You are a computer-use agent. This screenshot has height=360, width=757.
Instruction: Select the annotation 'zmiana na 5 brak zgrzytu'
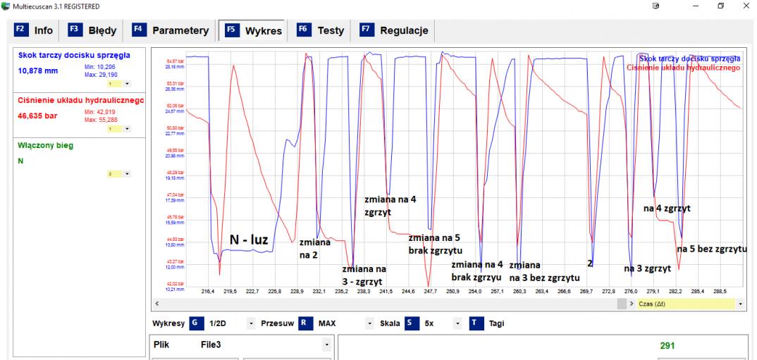click(x=435, y=243)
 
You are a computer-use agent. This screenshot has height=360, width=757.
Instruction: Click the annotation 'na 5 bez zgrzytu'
click(x=712, y=249)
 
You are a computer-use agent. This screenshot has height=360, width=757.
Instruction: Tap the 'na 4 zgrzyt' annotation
click(x=666, y=208)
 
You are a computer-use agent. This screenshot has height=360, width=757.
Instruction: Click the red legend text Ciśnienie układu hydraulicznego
click(x=684, y=67)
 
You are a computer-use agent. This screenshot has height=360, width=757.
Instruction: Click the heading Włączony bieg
click(x=44, y=146)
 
